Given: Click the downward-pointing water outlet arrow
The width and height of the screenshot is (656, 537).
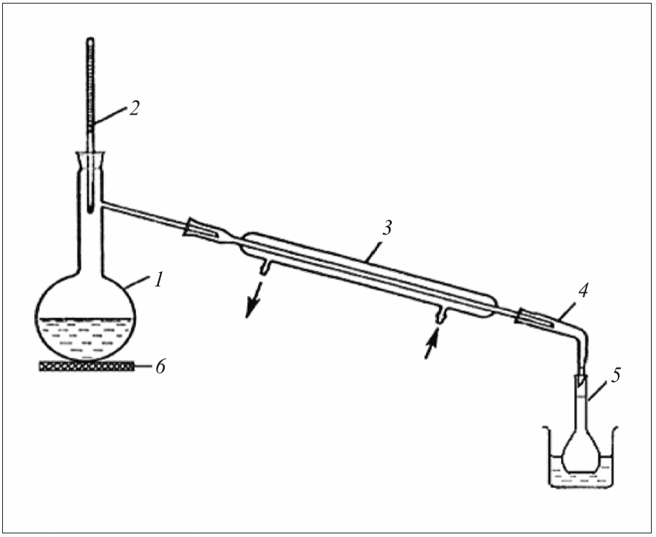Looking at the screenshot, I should tap(252, 302).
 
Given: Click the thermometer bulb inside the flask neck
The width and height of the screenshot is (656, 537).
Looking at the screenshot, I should tap(91, 204).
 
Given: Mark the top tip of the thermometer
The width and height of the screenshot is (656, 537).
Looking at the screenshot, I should tap(91, 41).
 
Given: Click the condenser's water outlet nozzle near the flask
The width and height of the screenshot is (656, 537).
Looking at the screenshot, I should tap(265, 267).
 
